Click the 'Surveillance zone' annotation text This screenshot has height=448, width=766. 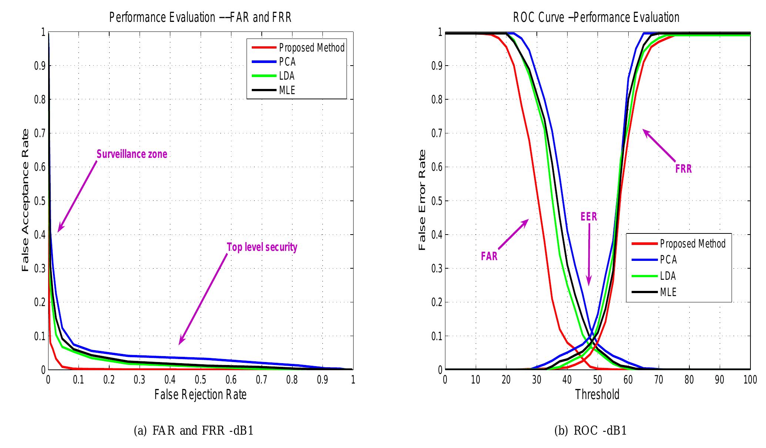(x=132, y=154)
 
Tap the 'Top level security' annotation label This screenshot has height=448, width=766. (x=262, y=247)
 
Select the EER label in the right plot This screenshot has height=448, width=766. (x=589, y=216)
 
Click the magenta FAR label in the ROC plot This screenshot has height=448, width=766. (x=489, y=256)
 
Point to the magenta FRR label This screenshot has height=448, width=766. (x=683, y=169)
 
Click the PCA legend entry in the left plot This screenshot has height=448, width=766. (x=287, y=62)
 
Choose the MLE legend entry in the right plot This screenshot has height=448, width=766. (x=668, y=292)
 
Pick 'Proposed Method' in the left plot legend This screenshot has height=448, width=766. (x=311, y=48)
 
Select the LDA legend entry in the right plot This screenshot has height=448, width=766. (x=668, y=276)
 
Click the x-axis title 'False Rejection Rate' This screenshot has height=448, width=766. (x=200, y=395)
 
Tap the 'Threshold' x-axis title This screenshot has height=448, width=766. (x=597, y=395)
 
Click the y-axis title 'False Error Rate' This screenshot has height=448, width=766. (x=422, y=200)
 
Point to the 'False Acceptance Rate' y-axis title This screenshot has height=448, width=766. (x=25, y=200)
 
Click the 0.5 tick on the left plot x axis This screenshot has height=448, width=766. (x=200, y=380)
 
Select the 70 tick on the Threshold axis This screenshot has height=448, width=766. (x=659, y=380)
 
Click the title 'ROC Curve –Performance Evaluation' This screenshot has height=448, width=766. (x=596, y=17)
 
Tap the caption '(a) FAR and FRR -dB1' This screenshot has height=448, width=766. (x=193, y=431)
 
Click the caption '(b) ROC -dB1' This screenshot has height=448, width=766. (x=590, y=431)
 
